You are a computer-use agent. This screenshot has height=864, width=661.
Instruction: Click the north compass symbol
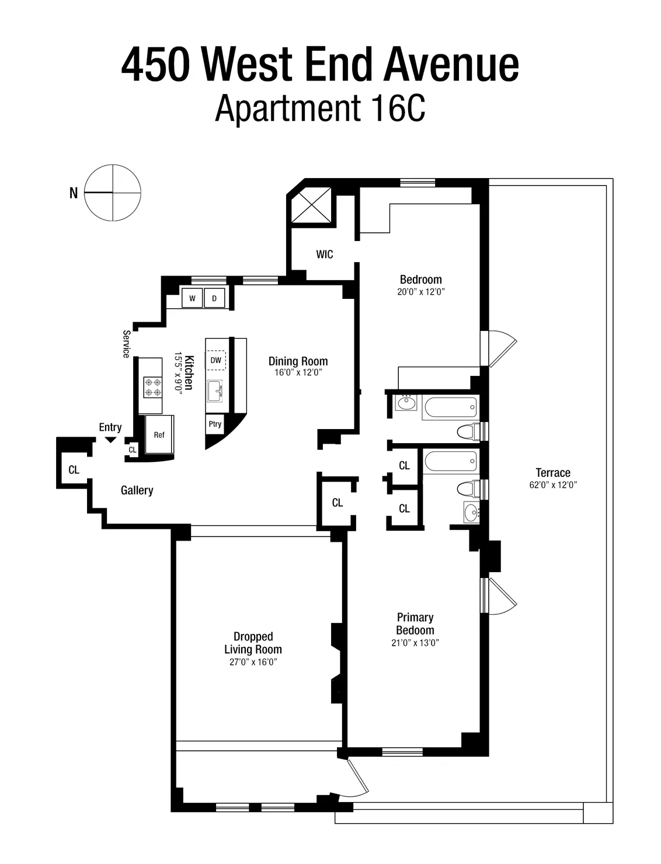[113, 193]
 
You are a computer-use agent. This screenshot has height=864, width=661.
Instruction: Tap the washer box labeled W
[192, 298]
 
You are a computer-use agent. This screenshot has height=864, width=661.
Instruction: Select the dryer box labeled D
[214, 298]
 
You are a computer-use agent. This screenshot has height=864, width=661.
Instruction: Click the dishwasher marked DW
[215, 360]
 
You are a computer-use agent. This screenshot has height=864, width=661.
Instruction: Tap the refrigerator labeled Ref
[159, 435]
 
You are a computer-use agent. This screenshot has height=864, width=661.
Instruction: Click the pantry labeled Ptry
[215, 424]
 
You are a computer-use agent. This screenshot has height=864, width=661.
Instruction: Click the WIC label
[325, 255]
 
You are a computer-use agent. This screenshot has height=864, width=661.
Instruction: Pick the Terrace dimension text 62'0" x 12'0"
[552, 485]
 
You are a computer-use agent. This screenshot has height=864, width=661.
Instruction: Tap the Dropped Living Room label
[253, 643]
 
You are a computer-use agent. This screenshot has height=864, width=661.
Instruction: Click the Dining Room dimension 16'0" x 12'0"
[298, 372]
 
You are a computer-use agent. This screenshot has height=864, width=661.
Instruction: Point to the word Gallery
[137, 490]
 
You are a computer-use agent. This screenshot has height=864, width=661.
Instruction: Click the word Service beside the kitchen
[126, 344]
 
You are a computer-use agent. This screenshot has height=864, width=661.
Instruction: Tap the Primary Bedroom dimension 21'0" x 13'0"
[415, 643]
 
